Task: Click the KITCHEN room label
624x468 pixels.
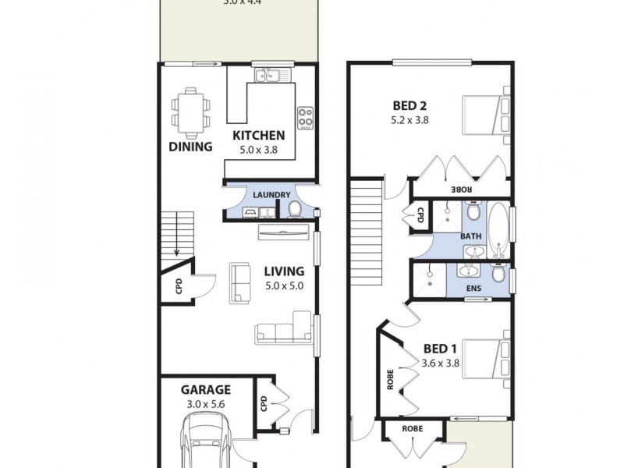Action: point(259,136)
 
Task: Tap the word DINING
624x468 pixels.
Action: point(190,147)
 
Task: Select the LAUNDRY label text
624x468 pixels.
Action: point(271,195)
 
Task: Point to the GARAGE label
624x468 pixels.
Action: point(206,389)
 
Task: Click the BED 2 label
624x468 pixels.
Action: point(409,107)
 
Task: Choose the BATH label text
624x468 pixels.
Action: point(470,236)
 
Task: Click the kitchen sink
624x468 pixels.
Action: point(271,76)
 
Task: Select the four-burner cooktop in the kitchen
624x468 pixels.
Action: point(305,118)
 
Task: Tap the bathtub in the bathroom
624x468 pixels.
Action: point(498,230)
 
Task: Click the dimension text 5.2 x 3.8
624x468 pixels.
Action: point(409,121)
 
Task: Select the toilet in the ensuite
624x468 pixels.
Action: point(498,275)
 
